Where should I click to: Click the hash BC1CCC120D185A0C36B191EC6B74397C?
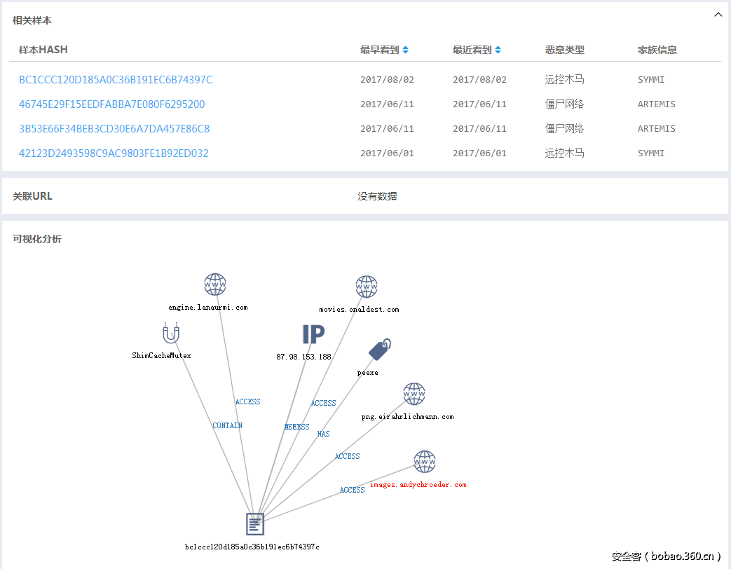coord(116,80)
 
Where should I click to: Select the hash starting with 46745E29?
coord(112,104)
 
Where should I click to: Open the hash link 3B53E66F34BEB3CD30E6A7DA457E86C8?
coord(114,129)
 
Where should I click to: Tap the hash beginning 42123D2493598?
coord(114,153)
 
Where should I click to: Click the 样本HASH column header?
coord(43,50)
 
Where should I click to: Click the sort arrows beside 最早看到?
coord(405,50)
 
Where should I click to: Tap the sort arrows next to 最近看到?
coord(498,50)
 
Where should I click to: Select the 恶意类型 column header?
coord(564,50)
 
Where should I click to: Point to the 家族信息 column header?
coord(657,50)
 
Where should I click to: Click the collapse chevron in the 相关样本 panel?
coord(718,15)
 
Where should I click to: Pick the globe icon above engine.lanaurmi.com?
coord(215,284)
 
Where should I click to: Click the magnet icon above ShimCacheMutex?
coord(170,333)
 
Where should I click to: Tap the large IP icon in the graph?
coord(313,334)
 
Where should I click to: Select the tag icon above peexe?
coord(379,349)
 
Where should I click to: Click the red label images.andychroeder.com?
coord(418,485)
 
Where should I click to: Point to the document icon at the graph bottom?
coord(255,524)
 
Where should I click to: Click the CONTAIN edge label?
coord(228,425)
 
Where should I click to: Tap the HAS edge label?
coord(323,434)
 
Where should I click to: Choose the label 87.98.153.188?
coord(303,357)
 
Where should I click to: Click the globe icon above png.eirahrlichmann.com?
coord(414,394)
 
